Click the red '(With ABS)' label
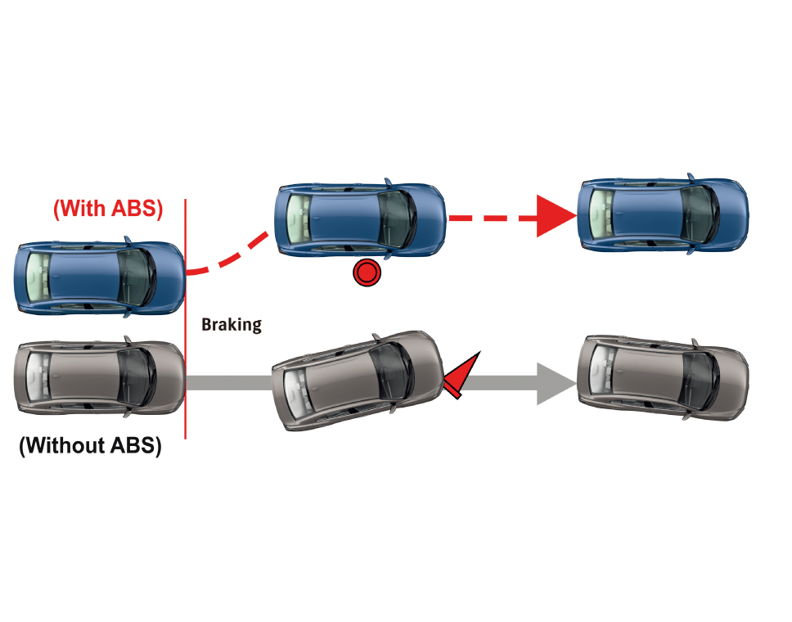tap(108, 209)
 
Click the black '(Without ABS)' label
tap(90, 446)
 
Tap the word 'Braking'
tap(232, 325)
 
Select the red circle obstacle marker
tap(367, 273)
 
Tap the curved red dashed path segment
tap(229, 258)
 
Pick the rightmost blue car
tap(663, 212)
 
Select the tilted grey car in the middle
tap(360, 380)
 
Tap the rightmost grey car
tap(663, 377)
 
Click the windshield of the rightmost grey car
tap(700, 377)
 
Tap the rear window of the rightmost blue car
tap(601, 212)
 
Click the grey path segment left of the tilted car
tap(229, 382)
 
